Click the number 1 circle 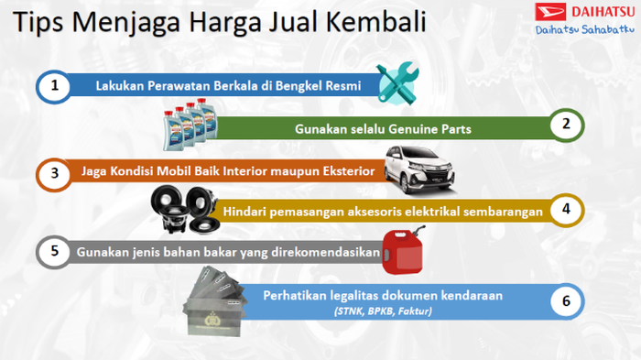click(56, 86)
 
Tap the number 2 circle click(566, 125)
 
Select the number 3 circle click(56, 171)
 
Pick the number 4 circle click(566, 210)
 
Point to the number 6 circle click(566, 300)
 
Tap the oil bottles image click(188, 126)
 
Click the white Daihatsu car click(418, 169)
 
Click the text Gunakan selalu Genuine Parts click(383, 128)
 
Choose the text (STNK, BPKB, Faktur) click(383, 311)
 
